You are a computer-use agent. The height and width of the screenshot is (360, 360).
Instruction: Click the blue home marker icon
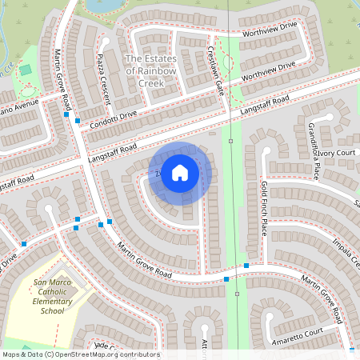click(x=180, y=172)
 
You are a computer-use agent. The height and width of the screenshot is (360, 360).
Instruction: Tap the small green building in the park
click(x=26, y=70)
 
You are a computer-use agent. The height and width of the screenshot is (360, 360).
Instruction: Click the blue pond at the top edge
click(x=104, y=5)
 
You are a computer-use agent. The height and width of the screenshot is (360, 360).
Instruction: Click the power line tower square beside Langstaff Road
click(x=230, y=141)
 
